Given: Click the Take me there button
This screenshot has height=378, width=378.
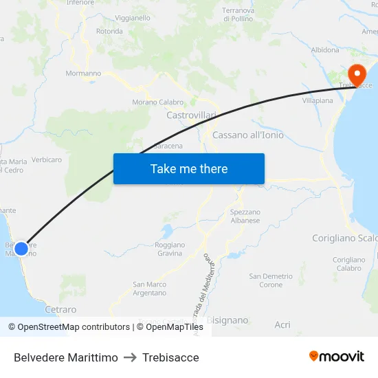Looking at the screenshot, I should pyautogui.click(x=189, y=168).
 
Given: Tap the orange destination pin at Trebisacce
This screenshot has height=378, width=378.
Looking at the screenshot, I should pyautogui.click(x=357, y=74).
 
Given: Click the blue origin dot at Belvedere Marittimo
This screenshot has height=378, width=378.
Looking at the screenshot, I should pyautogui.click(x=21, y=248).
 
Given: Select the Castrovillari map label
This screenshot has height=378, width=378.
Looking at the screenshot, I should pyautogui.click(x=191, y=115).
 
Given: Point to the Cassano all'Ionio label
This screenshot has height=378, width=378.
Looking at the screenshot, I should pyautogui.click(x=248, y=135).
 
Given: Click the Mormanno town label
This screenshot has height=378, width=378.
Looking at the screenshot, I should pyautogui.click(x=83, y=74).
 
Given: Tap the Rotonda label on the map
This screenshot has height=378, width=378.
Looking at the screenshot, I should pyautogui.click(x=109, y=32).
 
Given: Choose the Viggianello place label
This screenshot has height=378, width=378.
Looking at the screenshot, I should pyautogui.click(x=133, y=18).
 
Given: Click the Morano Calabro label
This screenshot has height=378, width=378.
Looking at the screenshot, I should pyautogui.click(x=157, y=102).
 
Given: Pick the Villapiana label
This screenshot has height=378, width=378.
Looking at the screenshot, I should pyautogui.click(x=318, y=100).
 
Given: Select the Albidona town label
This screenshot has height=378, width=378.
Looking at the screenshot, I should pyautogui.click(x=325, y=50).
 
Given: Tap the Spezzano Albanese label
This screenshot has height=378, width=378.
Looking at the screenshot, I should pyautogui.click(x=245, y=216).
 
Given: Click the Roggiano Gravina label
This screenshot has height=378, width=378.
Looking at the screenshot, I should pyautogui.click(x=170, y=249).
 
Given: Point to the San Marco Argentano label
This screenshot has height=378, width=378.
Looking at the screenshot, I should pyautogui.click(x=150, y=289).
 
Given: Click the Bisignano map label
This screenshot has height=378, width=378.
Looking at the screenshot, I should pyautogui.click(x=227, y=320).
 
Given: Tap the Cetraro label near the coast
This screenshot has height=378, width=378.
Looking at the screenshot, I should pyautogui.click(x=60, y=310).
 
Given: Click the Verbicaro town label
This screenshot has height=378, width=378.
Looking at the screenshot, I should pyautogui.click(x=46, y=160).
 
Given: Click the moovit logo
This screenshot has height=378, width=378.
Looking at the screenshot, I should pyautogui.click(x=336, y=357).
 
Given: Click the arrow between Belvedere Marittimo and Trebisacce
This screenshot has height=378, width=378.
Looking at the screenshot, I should pyautogui.click(x=130, y=357).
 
